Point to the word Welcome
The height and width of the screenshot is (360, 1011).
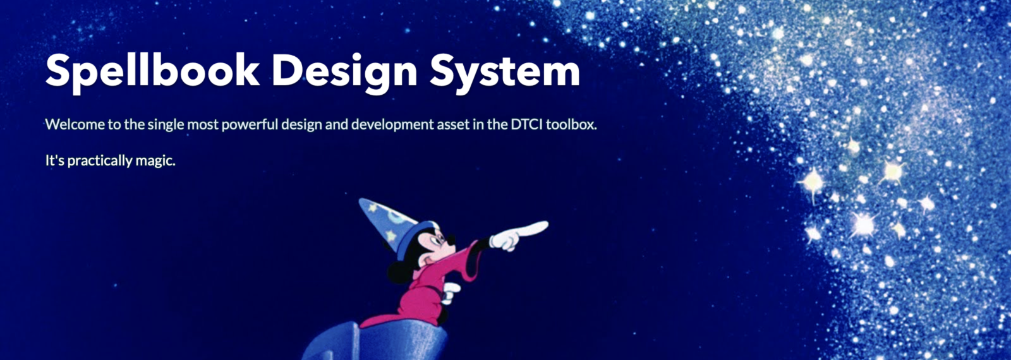pyautogui.click(x=75, y=124)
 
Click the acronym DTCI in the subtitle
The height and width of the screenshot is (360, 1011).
pyautogui.click(x=526, y=124)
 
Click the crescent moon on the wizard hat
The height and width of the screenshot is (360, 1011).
pyautogui.click(x=397, y=219)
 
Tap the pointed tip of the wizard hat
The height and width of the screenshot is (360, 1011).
pyautogui.click(x=361, y=200)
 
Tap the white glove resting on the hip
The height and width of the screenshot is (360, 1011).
pyautogui.click(x=451, y=292)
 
